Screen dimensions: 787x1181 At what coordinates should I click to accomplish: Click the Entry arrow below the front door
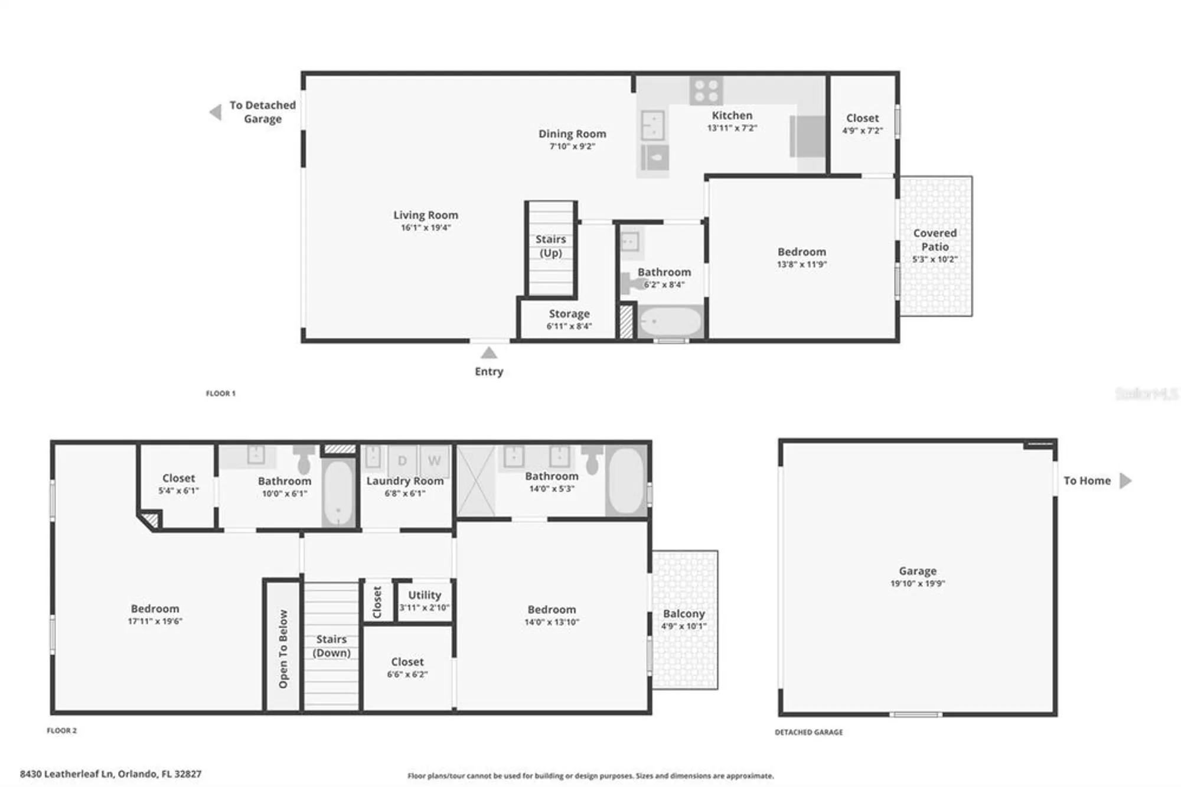click(488, 353)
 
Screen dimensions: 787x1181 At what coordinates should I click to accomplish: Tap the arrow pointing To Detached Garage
click(216, 112)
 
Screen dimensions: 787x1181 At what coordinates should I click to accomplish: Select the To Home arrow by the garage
click(1125, 480)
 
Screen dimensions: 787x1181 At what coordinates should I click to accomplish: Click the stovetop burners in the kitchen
click(706, 91)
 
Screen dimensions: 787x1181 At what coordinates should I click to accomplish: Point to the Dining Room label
click(572, 134)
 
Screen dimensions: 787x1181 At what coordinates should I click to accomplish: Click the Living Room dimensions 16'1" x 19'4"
click(425, 227)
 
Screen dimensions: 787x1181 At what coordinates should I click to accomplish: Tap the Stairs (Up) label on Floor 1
click(550, 246)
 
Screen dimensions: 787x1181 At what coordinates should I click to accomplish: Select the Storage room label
click(569, 314)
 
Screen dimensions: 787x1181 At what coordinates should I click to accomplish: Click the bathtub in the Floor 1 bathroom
click(670, 322)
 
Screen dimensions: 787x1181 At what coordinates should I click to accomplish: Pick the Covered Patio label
click(934, 239)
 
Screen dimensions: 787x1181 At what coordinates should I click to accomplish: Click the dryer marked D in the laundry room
click(402, 460)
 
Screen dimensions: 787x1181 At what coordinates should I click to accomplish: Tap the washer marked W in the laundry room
click(434, 460)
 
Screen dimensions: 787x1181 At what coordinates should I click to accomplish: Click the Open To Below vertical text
click(283, 648)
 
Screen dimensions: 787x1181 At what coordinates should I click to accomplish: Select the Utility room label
click(424, 595)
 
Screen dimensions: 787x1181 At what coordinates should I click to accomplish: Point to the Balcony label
click(683, 614)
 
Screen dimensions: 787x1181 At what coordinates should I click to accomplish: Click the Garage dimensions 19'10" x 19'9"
click(917, 583)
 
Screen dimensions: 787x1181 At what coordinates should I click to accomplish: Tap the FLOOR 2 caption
click(62, 730)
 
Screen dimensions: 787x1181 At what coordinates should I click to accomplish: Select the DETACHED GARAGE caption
click(808, 732)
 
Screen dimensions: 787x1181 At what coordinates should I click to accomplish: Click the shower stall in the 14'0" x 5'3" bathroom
click(475, 482)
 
